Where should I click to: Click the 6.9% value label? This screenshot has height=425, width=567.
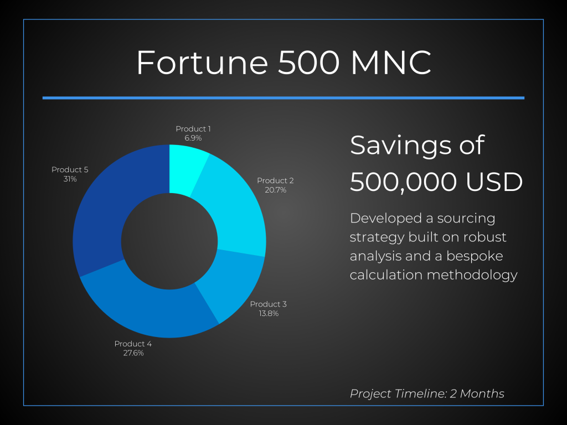click(193, 138)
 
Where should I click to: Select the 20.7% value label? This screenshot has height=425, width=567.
click(276, 190)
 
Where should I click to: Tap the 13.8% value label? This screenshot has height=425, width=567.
click(269, 314)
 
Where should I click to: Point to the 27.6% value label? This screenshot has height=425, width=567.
click(133, 353)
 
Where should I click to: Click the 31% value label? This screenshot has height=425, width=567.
click(70, 179)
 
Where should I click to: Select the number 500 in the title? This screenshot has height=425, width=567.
click(309, 63)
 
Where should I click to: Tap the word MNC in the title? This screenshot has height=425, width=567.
click(391, 63)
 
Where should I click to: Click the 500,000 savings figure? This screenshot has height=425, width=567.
click(404, 182)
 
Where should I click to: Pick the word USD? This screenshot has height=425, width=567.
click(494, 182)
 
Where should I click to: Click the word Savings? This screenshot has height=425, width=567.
click(400, 146)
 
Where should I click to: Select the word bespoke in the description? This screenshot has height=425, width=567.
click(475, 256)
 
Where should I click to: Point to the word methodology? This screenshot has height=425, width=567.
click(472, 276)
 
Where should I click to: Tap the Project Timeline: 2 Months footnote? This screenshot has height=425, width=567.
click(427, 393)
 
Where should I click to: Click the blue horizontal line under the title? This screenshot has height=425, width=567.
click(283, 98)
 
